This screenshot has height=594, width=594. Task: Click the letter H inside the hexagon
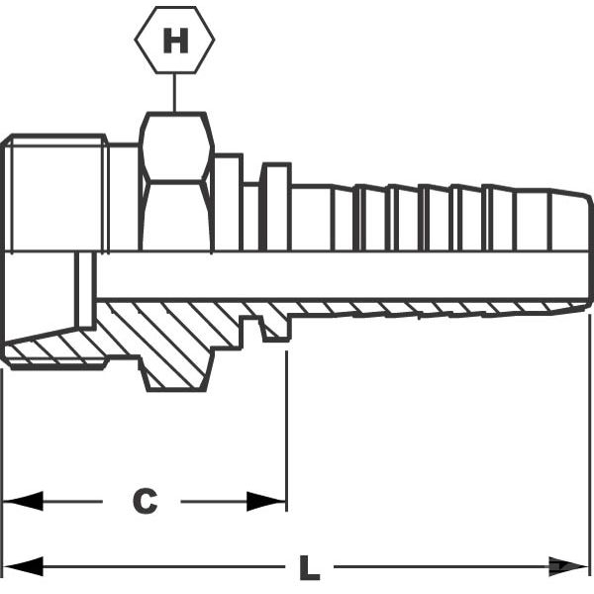tap(175, 41)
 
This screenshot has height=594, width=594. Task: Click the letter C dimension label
tap(146, 501)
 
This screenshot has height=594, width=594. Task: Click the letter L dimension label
tap(310, 568)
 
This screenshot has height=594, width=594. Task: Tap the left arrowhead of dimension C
tap(23, 502)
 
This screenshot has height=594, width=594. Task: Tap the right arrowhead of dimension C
tap(266, 502)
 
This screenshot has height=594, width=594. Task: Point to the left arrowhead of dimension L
tap(23, 566)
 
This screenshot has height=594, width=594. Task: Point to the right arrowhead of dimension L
tap(569, 566)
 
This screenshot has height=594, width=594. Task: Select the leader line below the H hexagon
tap(174, 92)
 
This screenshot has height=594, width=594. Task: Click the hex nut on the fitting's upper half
tap(176, 181)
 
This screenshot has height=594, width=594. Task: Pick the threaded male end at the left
tap(54, 193)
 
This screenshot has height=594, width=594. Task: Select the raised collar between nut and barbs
tap(276, 207)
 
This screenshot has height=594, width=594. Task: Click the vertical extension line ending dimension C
tap(286, 431)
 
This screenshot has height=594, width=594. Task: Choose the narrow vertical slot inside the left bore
tap(85, 290)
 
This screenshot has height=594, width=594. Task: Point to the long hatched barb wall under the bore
tap(436, 309)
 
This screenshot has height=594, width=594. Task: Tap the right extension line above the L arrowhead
tap(590, 436)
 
